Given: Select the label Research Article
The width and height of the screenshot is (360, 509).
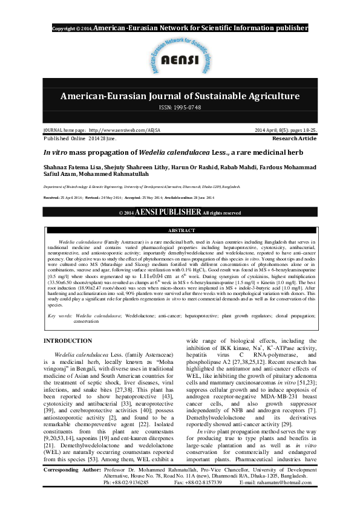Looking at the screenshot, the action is [295, 138].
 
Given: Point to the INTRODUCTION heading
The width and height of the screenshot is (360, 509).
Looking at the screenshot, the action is [68, 341].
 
